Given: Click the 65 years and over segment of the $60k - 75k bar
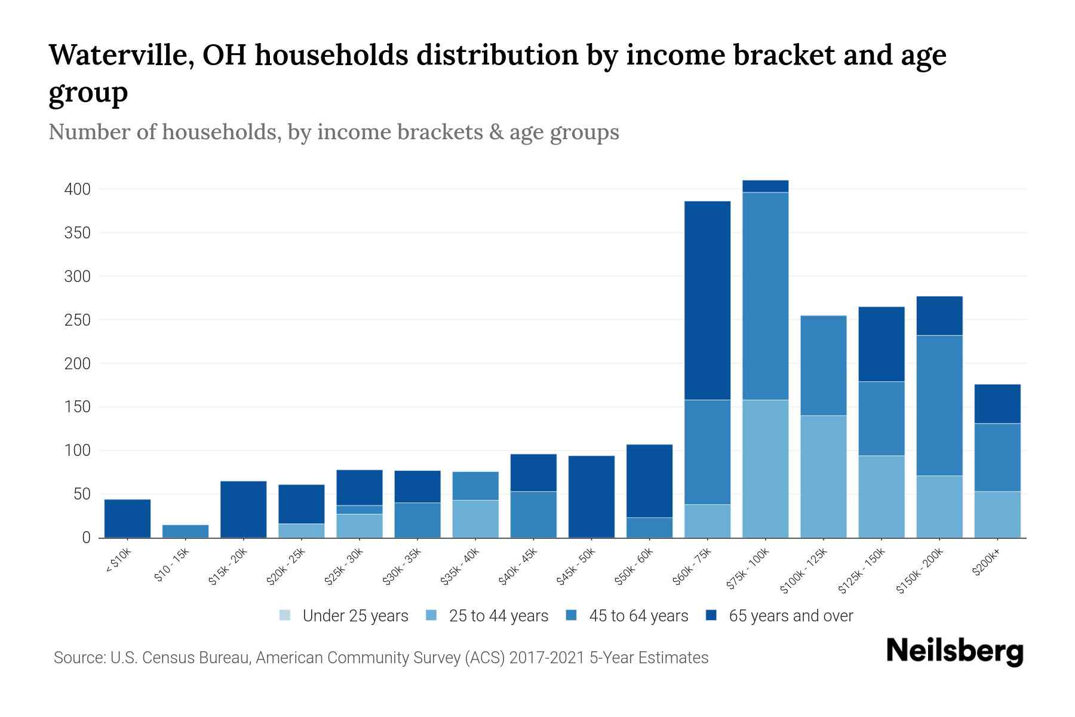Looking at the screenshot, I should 707,301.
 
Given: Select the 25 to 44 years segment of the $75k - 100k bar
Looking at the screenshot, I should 765,468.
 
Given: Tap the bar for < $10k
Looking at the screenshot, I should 127,518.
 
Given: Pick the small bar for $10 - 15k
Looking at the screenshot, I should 185,531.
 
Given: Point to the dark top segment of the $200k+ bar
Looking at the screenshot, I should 997,404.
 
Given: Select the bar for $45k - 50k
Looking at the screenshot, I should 591,497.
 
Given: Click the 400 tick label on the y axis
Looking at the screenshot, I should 77,189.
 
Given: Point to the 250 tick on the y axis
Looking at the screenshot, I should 77,320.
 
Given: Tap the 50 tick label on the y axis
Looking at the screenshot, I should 81,494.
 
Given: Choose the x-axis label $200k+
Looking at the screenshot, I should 986,564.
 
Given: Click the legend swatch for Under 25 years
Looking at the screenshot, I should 285,615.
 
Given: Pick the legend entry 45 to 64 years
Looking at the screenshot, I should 638,615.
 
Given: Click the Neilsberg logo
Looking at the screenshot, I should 954,651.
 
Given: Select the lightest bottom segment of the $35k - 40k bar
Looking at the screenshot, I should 475,519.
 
